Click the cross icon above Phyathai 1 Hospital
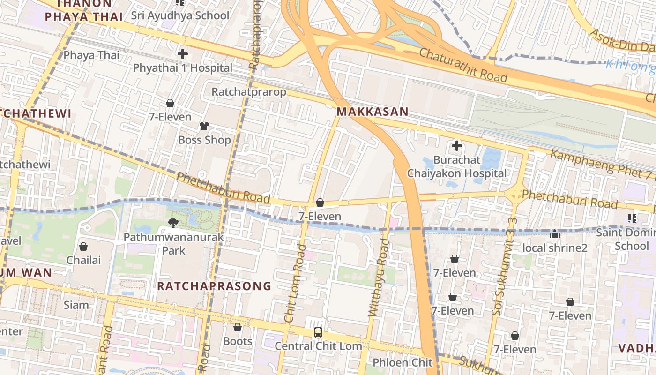click(183, 53)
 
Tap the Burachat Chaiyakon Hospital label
click(456, 166)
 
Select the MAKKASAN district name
click(373, 112)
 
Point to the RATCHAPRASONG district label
click(214, 286)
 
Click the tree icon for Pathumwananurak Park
click(173, 223)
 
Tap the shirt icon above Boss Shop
click(204, 126)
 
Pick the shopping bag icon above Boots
click(238, 327)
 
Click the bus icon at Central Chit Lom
click(318, 332)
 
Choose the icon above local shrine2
click(555, 233)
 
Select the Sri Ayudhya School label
click(180, 15)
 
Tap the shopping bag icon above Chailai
click(83, 246)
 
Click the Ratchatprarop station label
click(249, 91)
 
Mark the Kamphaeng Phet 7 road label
click(602, 164)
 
